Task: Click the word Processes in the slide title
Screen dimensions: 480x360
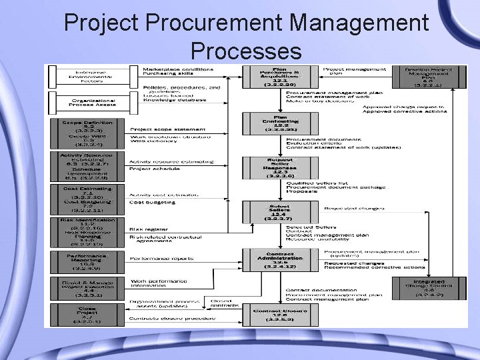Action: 245,51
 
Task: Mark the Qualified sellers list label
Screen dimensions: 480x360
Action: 317,183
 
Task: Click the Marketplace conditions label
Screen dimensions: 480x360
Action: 179,69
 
